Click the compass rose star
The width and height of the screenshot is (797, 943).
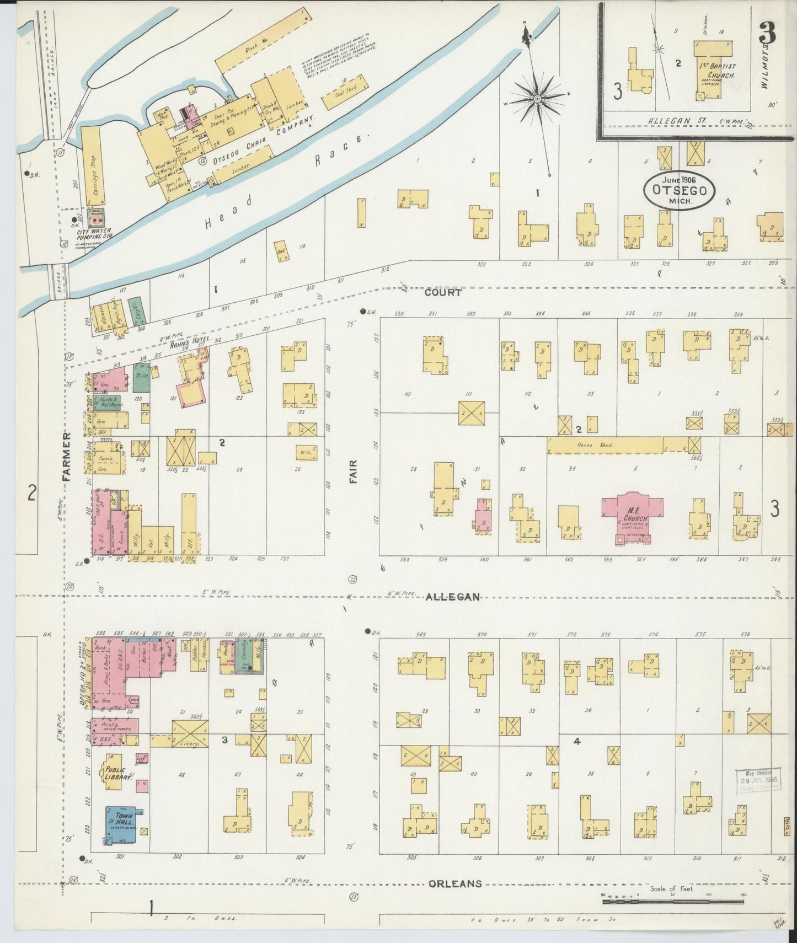click(x=536, y=99)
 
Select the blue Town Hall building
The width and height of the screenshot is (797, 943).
click(x=121, y=824)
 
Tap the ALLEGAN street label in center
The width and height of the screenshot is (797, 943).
click(x=452, y=597)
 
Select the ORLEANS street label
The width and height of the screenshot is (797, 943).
click(x=455, y=883)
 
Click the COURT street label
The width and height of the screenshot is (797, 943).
click(x=442, y=293)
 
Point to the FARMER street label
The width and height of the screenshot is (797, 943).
click(x=67, y=457)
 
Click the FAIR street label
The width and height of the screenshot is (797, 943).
click(x=353, y=472)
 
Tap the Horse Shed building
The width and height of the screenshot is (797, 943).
click(x=605, y=445)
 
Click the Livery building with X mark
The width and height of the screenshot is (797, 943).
click(x=190, y=734)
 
